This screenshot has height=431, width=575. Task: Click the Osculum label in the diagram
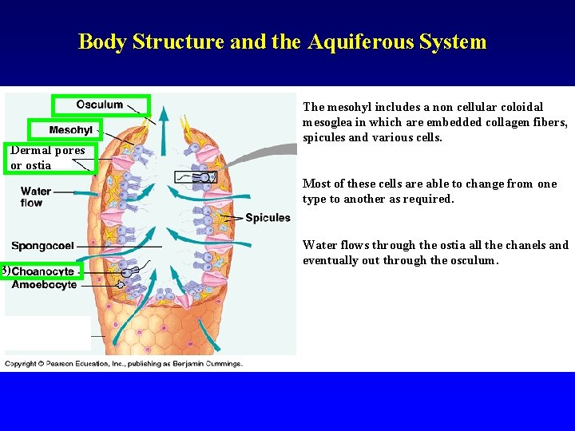(x=100, y=105)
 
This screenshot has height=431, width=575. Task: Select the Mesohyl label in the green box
(x=70, y=130)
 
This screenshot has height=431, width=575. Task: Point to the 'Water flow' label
(x=36, y=196)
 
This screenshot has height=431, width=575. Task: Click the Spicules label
(x=268, y=218)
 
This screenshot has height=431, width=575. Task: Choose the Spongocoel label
(x=42, y=246)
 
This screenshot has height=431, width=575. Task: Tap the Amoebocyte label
(x=44, y=285)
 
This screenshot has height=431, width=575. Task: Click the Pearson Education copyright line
(x=124, y=364)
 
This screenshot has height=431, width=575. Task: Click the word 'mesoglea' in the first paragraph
(x=328, y=122)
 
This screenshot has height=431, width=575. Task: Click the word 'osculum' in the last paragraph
(x=474, y=260)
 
